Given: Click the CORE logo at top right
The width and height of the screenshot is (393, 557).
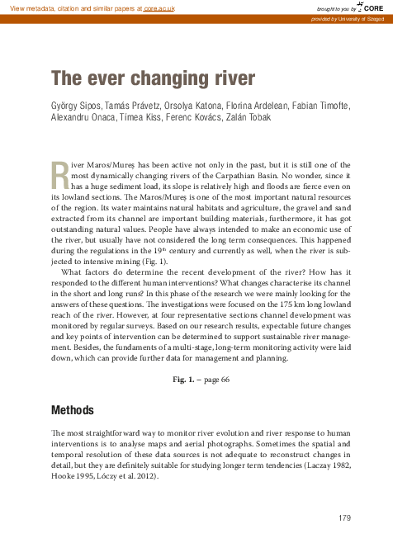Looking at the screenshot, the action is coord(370,7).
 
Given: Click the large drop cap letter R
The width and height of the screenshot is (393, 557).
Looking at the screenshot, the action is coord(59,175).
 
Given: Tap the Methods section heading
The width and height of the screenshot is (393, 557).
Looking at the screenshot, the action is coord(73,410).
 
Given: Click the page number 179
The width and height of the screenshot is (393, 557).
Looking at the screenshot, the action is coord(345,517).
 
